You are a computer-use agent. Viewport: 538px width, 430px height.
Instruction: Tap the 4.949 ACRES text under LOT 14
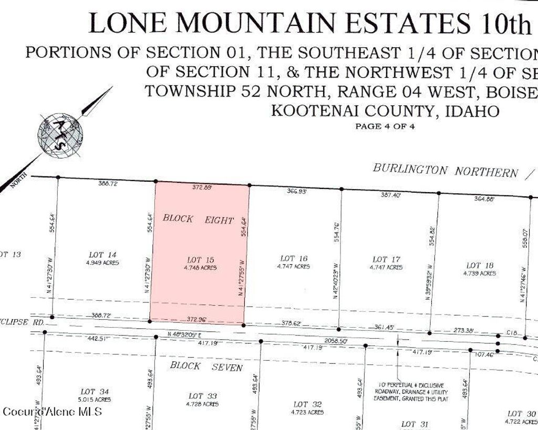click(102, 263)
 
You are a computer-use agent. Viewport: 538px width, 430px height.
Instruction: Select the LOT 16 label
click(294, 258)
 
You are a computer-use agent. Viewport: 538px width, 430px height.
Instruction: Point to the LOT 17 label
click(387, 259)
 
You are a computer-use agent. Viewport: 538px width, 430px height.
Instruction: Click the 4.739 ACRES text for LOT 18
click(479, 274)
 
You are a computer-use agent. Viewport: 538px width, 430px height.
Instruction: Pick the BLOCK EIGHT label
click(198, 219)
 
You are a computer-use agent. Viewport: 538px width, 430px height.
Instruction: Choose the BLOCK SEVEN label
click(206, 366)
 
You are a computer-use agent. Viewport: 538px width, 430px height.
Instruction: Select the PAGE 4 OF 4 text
click(385, 126)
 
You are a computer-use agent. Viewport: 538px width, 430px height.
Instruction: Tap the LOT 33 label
click(202, 395)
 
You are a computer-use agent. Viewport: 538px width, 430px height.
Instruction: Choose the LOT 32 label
click(307, 404)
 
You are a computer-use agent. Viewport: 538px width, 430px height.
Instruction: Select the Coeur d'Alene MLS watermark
click(52, 411)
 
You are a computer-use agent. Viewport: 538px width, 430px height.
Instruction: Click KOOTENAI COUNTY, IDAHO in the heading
click(385, 111)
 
